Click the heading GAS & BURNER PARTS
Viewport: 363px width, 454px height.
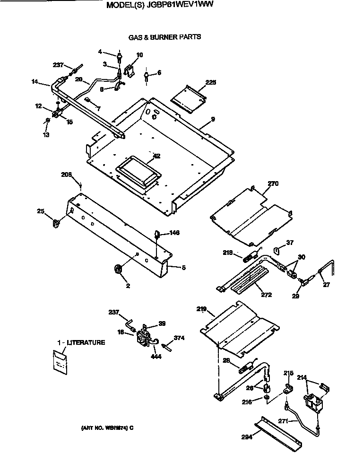click(164, 37)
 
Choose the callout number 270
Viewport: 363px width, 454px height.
click(273, 184)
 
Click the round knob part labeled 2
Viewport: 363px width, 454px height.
click(118, 270)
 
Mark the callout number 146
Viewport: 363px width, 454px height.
click(174, 233)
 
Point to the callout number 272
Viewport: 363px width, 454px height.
click(266, 295)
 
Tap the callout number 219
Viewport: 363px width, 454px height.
click(202, 309)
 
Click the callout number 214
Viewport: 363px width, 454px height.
click(302, 377)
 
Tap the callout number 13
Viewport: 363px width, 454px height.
click(46, 135)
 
